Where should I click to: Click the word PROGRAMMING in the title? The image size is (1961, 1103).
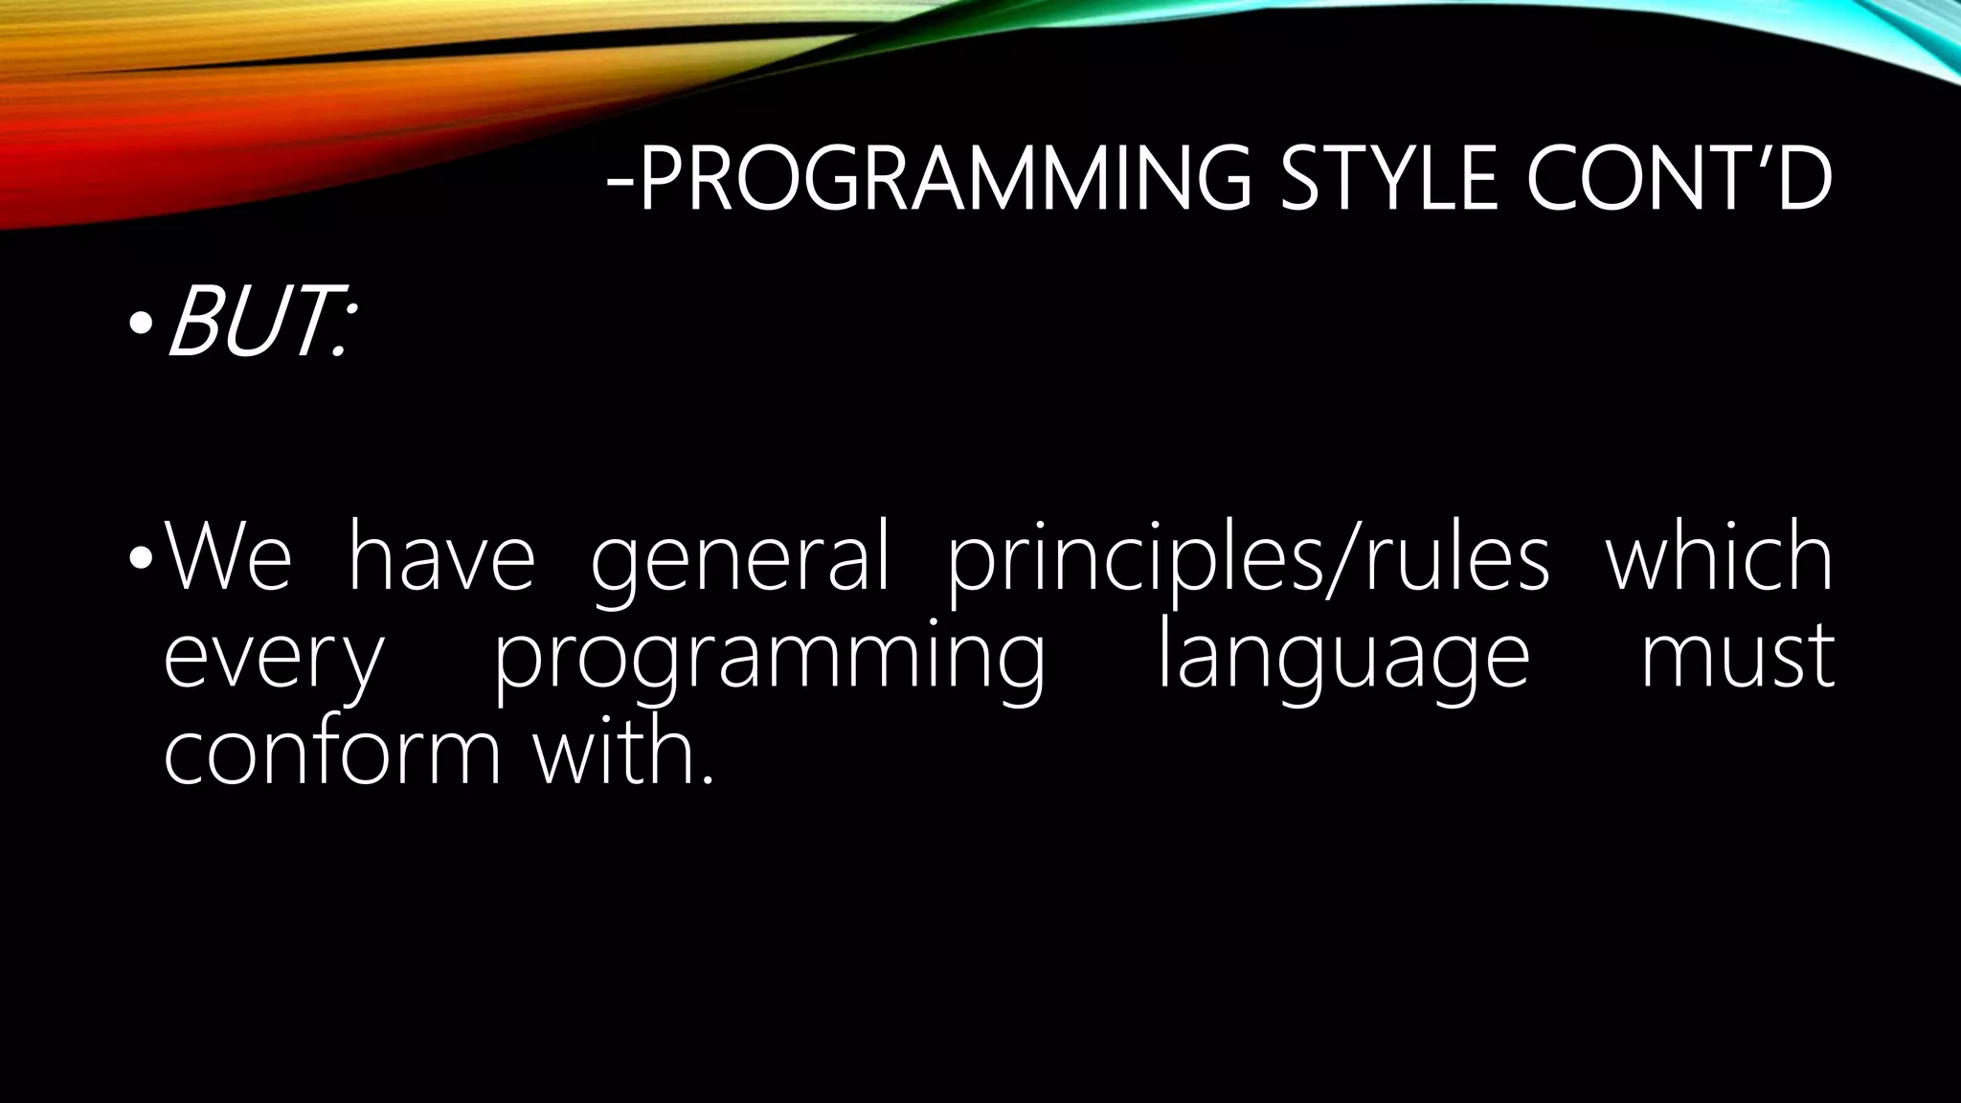coord(944,179)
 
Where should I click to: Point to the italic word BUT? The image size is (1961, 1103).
coord(245,326)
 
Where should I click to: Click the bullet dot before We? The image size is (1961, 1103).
coord(141,558)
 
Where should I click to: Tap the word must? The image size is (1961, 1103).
coord(1737,659)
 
